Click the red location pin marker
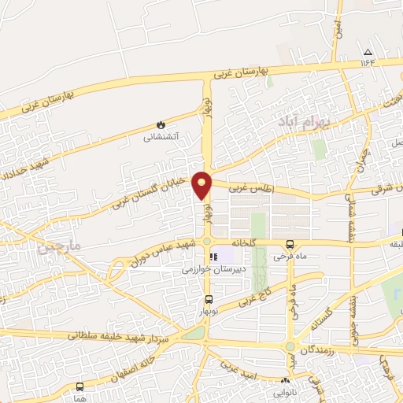pos(203,185)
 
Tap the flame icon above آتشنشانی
pos(161,124)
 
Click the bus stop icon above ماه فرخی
pos(290,244)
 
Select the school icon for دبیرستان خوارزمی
pos(211,257)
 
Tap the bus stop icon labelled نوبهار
pos(208,298)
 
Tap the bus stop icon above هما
pos(79,386)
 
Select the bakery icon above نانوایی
pos(284,380)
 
